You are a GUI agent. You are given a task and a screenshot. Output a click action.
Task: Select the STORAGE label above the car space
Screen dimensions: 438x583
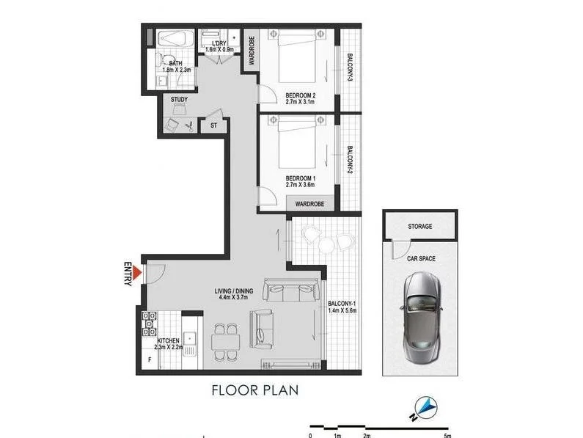click(420, 227)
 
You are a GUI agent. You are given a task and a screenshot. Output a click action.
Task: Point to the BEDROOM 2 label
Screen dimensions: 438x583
click(300, 95)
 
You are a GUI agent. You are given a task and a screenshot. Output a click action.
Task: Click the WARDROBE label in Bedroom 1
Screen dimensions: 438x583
click(311, 202)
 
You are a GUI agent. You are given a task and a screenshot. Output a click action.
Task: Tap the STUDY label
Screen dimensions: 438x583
click(179, 99)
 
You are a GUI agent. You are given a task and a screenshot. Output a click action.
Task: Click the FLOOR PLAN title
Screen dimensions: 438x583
click(256, 390)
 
